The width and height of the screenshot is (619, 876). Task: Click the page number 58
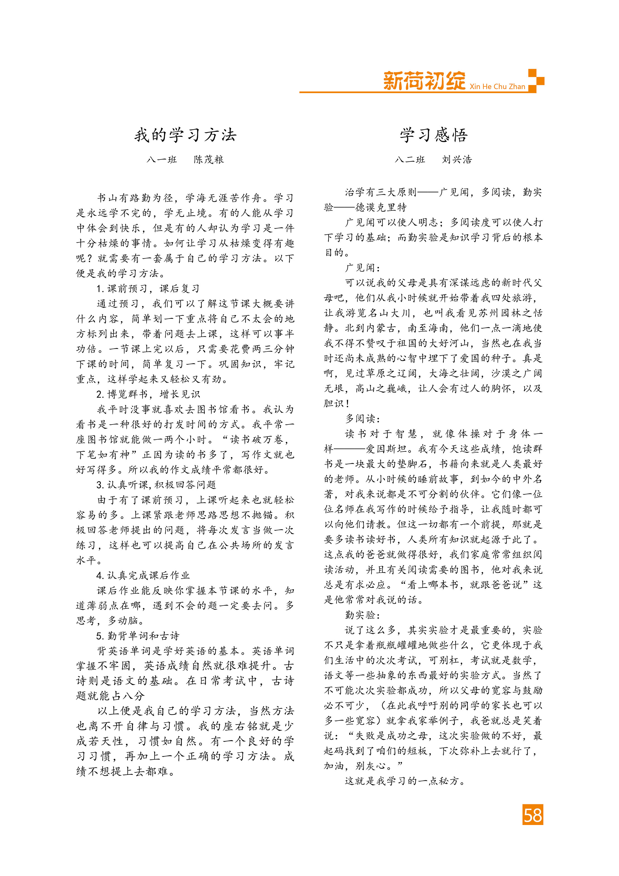533,815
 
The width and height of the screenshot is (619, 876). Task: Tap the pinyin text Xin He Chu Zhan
497,87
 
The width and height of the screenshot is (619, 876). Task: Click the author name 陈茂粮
208,159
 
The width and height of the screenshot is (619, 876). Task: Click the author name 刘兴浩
457,159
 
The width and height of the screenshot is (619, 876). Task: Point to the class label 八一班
162,159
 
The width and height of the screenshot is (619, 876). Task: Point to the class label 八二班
410,159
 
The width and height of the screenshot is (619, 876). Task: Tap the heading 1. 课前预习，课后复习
148,288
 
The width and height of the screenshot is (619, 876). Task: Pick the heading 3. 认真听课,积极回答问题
156,485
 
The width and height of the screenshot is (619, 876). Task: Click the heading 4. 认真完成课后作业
143,575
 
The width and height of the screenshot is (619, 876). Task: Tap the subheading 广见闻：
363,268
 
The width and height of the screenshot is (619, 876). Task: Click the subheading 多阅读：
363,419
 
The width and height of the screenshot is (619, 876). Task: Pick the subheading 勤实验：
363,615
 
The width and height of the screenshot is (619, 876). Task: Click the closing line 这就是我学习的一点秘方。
405,781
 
